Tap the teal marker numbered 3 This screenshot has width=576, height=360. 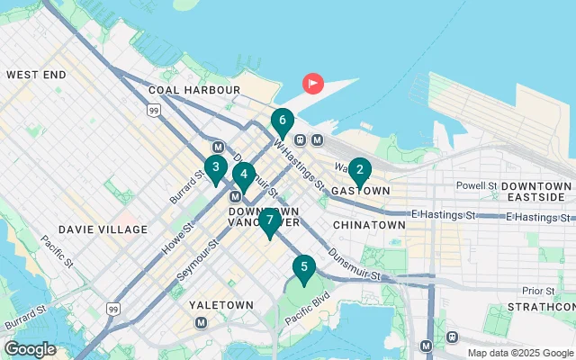click(x=215, y=167)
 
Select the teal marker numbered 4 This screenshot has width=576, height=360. click(x=244, y=175)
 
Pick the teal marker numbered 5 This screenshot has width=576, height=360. click(x=304, y=267)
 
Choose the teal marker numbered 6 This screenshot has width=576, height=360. click(x=283, y=121)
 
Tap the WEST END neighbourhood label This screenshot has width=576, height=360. click(x=35, y=75)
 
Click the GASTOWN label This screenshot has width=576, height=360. click(x=360, y=191)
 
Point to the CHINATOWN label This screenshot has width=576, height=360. click(x=369, y=224)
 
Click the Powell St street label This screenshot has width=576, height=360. click(x=476, y=185)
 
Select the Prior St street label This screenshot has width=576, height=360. click(x=537, y=290)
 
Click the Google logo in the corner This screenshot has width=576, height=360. click(x=30, y=349)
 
